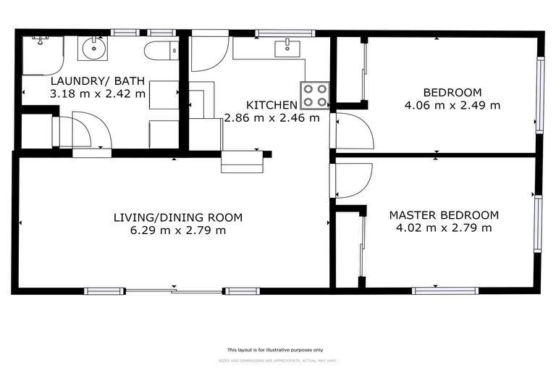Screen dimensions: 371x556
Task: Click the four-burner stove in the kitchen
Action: click(x=316, y=95)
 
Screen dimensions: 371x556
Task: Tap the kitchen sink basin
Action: click(x=287, y=49)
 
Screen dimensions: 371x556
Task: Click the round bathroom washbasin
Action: click(x=94, y=49)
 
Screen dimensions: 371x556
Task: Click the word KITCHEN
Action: click(x=271, y=105)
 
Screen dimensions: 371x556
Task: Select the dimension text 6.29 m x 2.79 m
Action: click(x=178, y=230)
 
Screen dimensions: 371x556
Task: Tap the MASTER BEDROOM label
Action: click(x=444, y=215)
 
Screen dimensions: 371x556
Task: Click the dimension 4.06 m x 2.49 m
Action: click(x=452, y=105)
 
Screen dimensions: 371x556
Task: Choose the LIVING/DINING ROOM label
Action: click(x=178, y=217)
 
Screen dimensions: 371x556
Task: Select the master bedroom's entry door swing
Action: click(x=354, y=180)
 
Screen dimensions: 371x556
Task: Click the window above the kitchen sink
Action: click(x=285, y=33)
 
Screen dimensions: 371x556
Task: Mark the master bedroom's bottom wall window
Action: click(x=445, y=291)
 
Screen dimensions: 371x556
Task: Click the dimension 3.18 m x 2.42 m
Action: click(x=98, y=93)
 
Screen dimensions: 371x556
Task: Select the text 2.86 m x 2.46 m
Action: click(x=272, y=117)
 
